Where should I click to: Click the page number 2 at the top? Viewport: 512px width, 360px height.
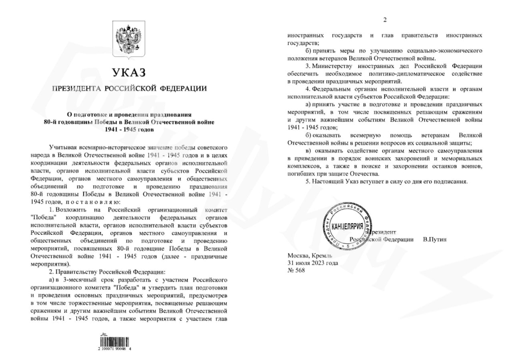point(385,20)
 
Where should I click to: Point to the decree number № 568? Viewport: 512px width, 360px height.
point(296,270)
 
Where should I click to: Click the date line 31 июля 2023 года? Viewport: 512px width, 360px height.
point(313,263)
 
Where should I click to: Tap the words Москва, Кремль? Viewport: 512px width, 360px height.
point(309,255)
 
